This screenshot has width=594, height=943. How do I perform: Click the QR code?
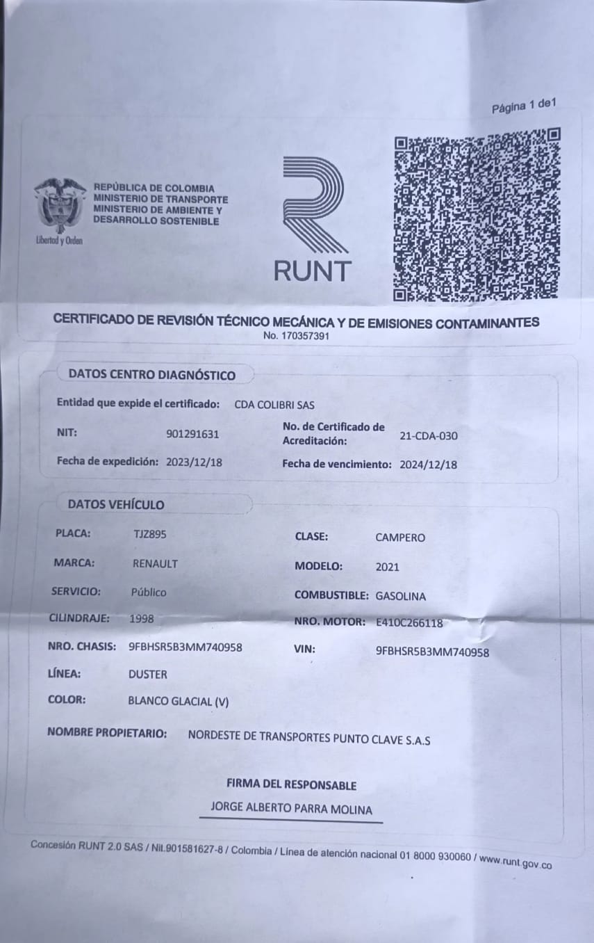pyautogui.click(x=477, y=215)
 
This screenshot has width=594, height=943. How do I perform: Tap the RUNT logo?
pyautogui.click(x=313, y=219)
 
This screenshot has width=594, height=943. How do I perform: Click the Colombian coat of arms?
pyautogui.click(x=59, y=206)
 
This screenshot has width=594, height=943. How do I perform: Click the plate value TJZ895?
pyautogui.click(x=149, y=534)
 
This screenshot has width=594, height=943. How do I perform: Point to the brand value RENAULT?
pyautogui.click(x=155, y=563)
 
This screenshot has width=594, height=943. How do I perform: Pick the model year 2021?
pyautogui.click(x=387, y=567)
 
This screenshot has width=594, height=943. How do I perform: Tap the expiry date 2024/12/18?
pyautogui.click(x=429, y=465)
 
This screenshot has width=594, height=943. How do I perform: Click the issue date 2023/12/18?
pyautogui.click(x=194, y=461)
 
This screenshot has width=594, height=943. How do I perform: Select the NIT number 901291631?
pyautogui.click(x=192, y=434)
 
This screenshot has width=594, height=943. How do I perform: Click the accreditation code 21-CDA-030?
pyautogui.click(x=429, y=436)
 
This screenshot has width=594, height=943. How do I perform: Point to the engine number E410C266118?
pyautogui.click(x=409, y=623)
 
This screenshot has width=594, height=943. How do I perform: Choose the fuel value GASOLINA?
pyautogui.click(x=400, y=596)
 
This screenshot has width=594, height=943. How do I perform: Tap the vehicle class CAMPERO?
pyautogui.click(x=399, y=538)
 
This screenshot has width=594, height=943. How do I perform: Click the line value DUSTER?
pyautogui.click(x=147, y=674)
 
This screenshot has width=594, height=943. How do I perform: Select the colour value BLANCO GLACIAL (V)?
pyautogui.click(x=178, y=702)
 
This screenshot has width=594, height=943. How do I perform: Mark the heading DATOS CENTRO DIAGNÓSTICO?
pyautogui.click(x=151, y=376)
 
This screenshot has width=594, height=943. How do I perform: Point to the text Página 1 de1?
pyautogui.click(x=524, y=106)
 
